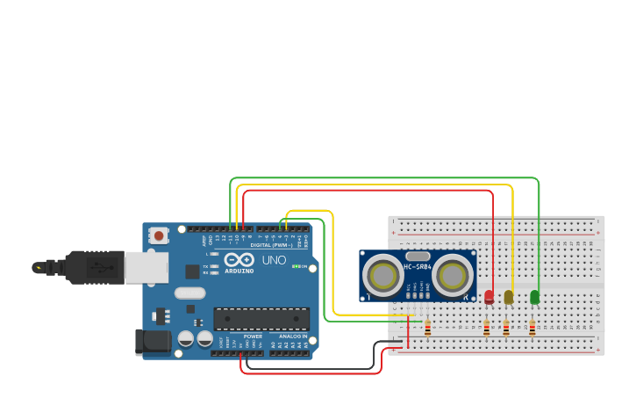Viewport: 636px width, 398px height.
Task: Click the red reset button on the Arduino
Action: point(159,235)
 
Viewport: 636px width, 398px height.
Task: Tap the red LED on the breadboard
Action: point(489,297)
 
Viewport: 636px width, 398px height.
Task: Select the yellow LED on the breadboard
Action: point(509,297)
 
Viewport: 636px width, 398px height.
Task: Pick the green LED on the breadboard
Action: point(535,297)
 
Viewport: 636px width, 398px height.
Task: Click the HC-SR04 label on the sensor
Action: point(418,266)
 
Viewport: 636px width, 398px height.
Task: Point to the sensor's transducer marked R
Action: point(452,276)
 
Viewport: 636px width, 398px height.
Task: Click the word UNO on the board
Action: point(274,260)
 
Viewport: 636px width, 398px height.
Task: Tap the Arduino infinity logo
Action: point(239,260)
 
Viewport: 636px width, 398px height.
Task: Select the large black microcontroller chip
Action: point(261,319)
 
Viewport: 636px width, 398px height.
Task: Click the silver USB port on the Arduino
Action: point(146,268)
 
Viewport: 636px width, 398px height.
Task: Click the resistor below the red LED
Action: point(487,328)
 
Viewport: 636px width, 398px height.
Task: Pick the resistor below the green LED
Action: point(532,328)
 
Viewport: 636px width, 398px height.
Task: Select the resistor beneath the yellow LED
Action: point(506,328)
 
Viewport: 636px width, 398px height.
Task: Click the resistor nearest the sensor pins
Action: point(428,328)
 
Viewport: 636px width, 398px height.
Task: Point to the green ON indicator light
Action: point(297,266)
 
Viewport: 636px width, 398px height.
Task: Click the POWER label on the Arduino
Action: point(253,336)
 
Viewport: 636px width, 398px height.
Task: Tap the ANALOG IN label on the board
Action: point(293,336)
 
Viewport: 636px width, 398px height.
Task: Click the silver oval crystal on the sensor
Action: point(418,256)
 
